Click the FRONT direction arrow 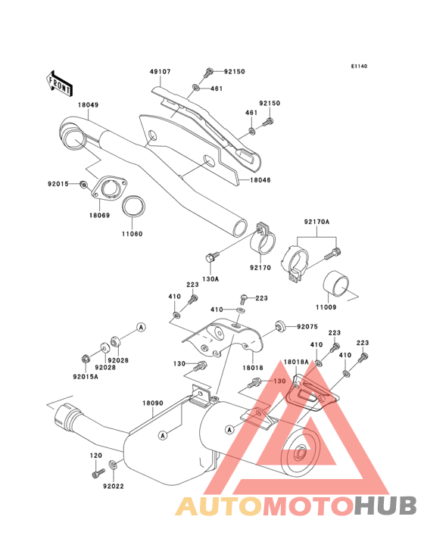(59, 83)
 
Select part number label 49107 (160, 72)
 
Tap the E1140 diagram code (359, 66)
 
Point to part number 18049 (89, 105)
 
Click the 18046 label (260, 180)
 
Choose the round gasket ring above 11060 (133, 206)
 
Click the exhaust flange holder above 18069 (109, 187)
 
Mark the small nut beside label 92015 (83, 184)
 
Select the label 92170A (316, 222)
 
